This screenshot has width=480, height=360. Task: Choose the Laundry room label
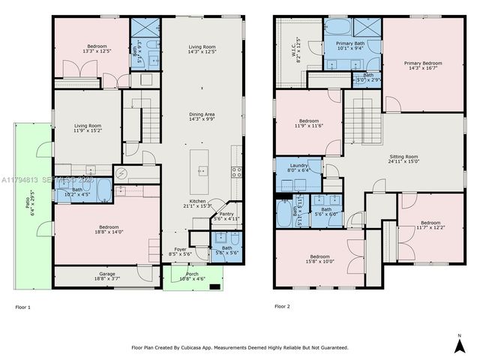tap(298, 167)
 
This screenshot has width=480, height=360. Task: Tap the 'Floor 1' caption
tap(24, 307)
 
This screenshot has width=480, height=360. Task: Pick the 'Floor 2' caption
tap(282, 307)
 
